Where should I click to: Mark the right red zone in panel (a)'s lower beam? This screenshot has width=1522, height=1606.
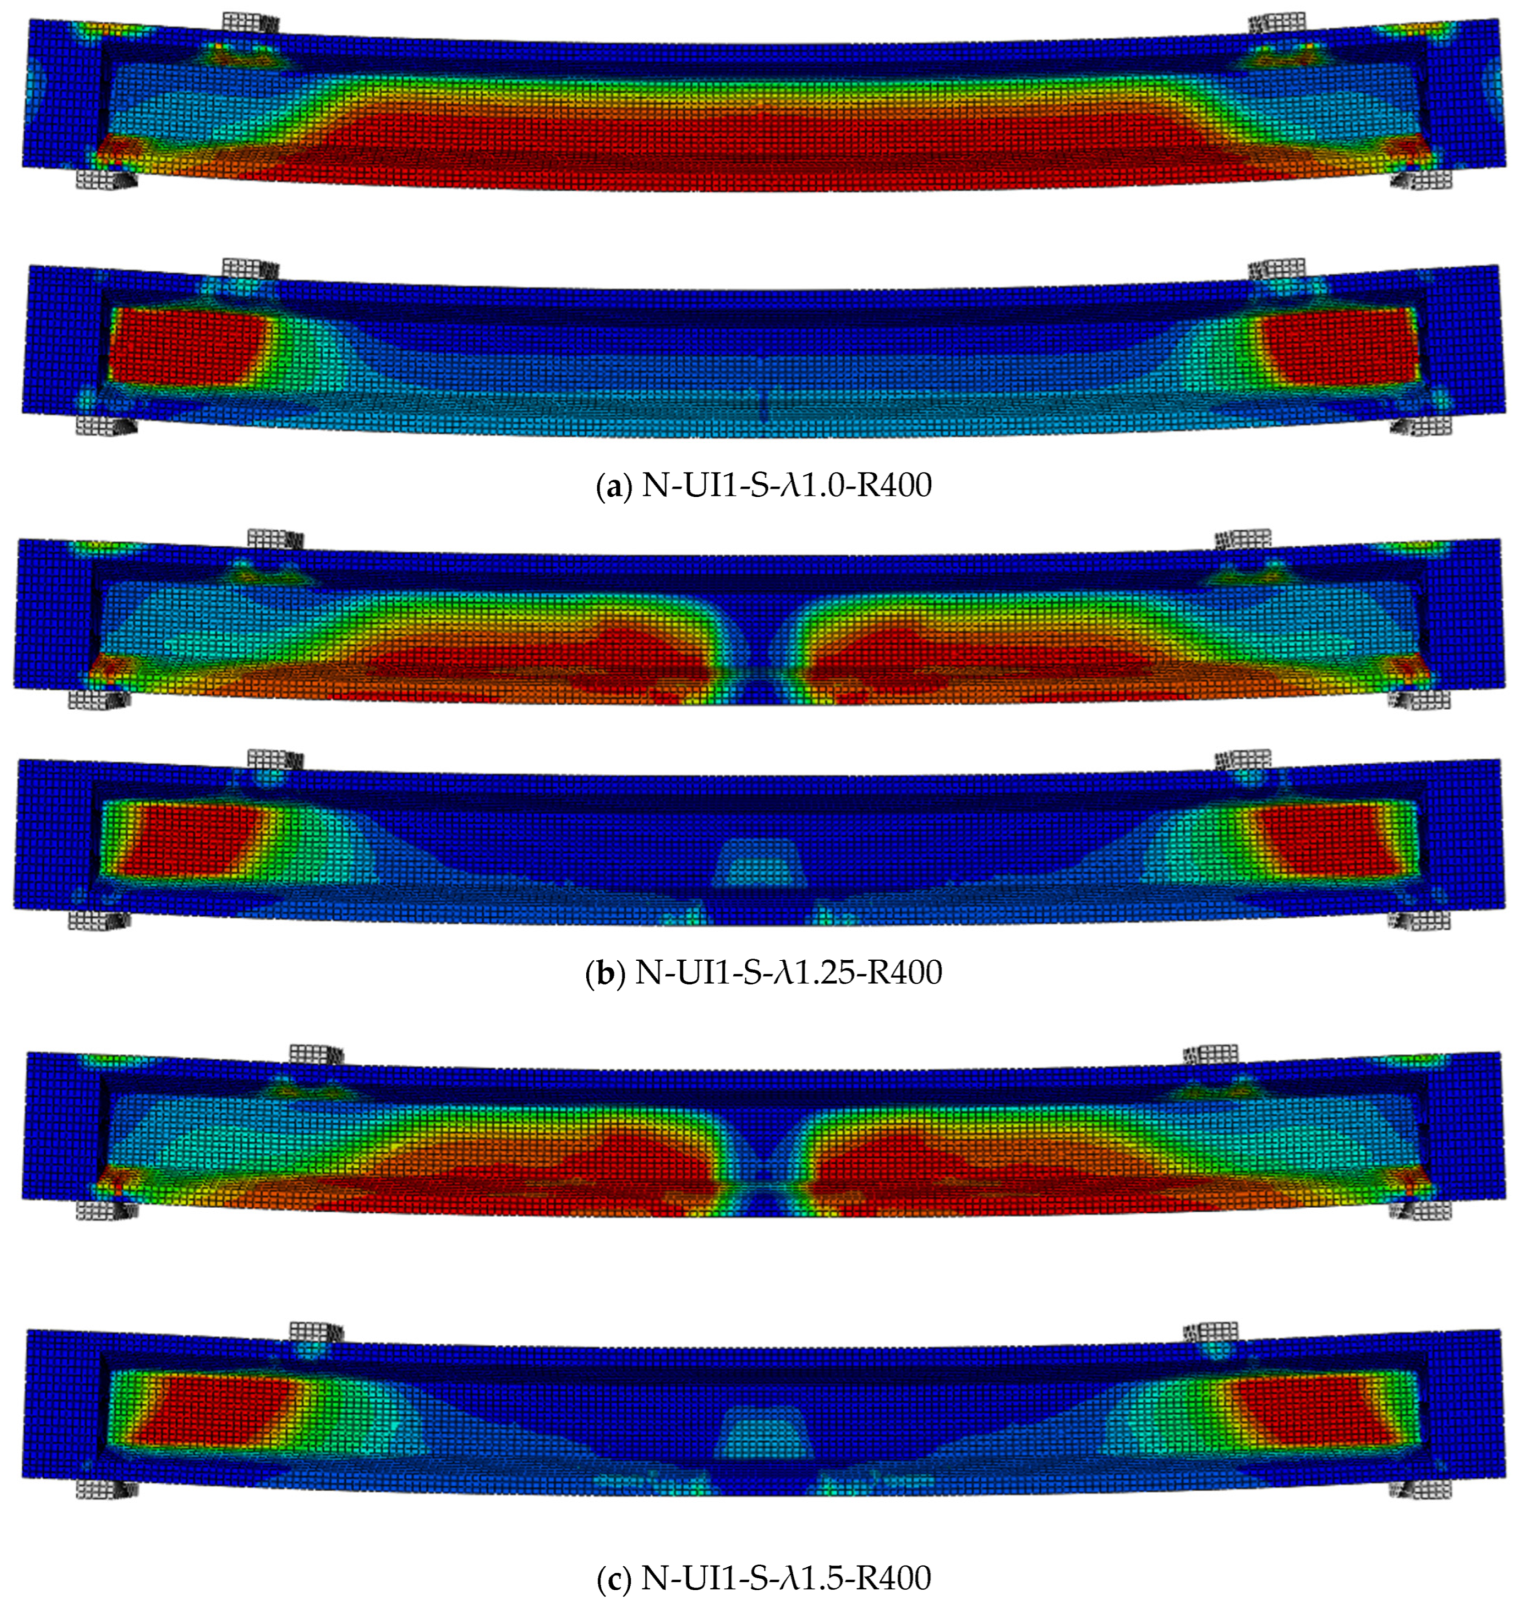[1340, 345]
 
